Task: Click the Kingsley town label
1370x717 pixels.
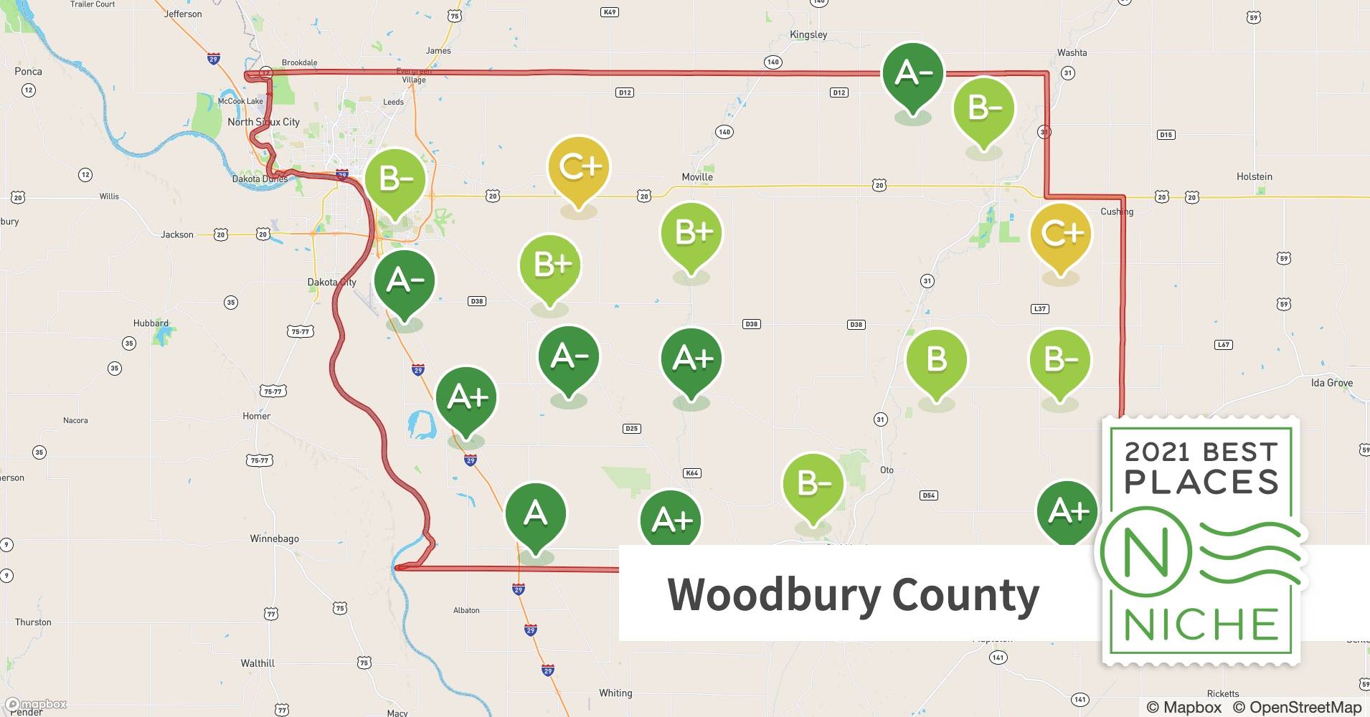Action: coord(808,34)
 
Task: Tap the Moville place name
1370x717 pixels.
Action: coord(696,177)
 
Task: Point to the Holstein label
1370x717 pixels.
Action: coord(1254,176)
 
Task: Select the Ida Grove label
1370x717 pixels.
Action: coord(1331,383)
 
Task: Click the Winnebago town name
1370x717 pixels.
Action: coord(274,538)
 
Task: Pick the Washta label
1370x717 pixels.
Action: coord(1072,53)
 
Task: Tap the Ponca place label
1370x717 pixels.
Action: coord(28,72)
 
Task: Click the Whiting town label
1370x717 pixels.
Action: coord(615,693)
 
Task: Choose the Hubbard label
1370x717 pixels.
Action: coord(151,323)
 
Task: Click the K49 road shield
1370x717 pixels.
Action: coord(610,12)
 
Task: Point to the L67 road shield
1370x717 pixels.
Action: coord(1223,345)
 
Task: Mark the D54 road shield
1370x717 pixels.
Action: coord(928,495)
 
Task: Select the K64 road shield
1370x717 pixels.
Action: coord(691,473)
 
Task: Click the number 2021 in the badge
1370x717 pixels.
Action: coord(1156,452)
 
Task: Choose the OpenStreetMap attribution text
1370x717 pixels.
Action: coord(1297,707)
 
